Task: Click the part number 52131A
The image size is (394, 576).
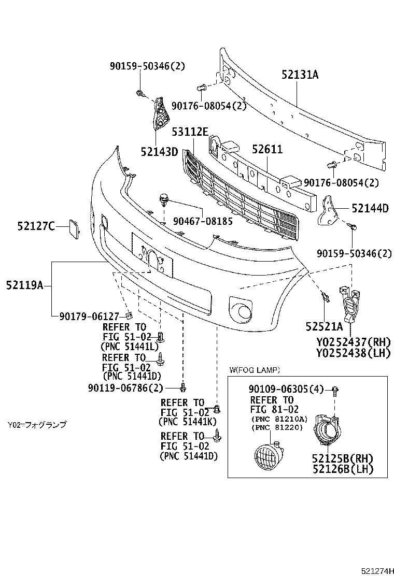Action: tap(300, 75)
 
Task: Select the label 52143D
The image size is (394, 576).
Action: tap(159, 152)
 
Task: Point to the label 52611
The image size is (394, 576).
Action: tap(267, 150)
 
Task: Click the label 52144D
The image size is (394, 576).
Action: tap(370, 208)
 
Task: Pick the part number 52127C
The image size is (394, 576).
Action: tap(35, 226)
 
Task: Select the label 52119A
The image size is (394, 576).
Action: tap(24, 284)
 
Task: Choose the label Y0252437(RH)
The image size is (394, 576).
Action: tap(353, 342)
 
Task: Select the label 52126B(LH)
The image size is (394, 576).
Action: tap(343, 469)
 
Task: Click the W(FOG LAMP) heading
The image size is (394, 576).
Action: tap(255, 370)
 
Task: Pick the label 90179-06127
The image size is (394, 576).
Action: tap(89, 315)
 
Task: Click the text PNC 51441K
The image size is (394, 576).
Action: tap(188, 422)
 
